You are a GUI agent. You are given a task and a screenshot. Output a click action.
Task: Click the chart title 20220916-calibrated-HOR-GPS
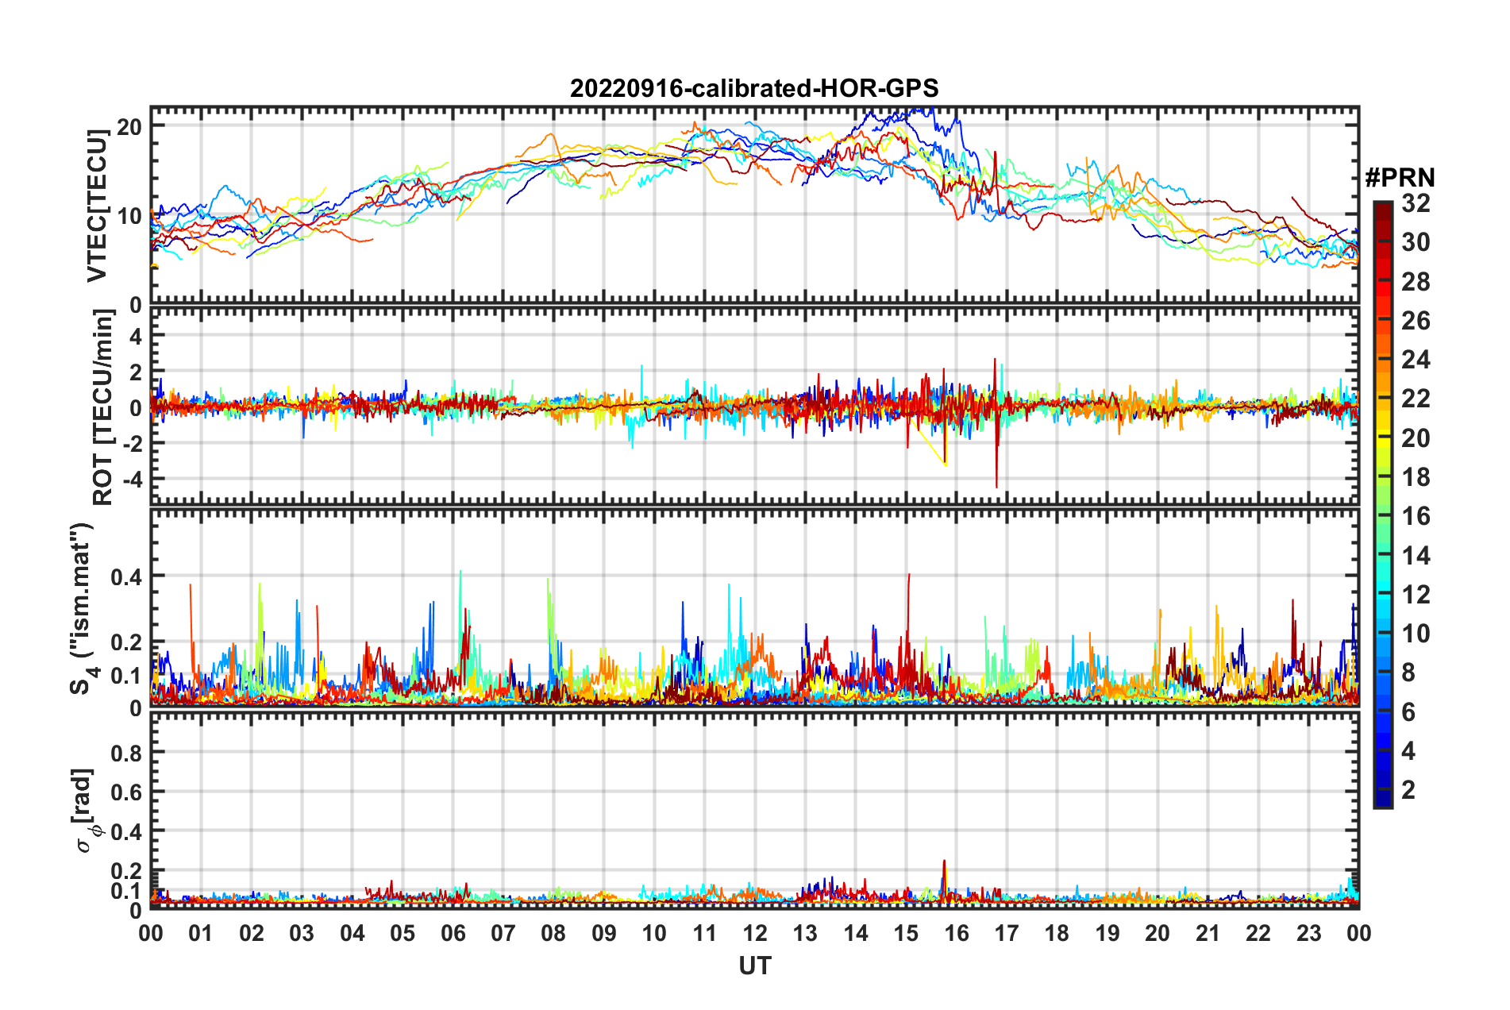(754, 88)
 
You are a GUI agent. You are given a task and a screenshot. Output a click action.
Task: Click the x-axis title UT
(754, 966)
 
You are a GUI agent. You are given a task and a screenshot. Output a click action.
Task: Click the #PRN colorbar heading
(1400, 177)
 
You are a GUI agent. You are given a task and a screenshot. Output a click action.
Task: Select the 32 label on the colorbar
(1416, 203)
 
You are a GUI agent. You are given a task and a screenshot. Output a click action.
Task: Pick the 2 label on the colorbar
(1408, 789)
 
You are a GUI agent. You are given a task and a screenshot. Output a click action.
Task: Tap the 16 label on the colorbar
(1416, 516)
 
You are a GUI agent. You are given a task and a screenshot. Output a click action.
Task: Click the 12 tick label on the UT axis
(755, 933)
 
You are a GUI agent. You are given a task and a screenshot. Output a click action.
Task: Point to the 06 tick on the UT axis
(453, 933)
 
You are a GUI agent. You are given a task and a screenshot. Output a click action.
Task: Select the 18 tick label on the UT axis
(1057, 933)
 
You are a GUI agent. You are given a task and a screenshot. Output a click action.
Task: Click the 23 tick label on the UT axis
(1308, 933)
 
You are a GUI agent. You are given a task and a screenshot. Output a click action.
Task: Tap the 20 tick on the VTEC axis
(129, 127)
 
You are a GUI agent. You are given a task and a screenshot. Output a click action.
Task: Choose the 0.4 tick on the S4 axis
(126, 576)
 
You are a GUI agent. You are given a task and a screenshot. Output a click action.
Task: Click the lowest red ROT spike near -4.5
(996, 486)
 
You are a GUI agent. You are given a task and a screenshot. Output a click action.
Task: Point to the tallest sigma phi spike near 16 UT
(944, 862)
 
